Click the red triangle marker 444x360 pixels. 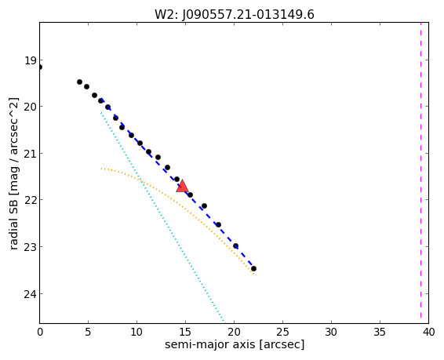pos(182,186)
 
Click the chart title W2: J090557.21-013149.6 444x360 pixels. pos(235,14)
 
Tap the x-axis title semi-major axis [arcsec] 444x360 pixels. pos(235,344)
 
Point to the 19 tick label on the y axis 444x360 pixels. pos(30,60)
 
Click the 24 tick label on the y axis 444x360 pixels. pos(30,294)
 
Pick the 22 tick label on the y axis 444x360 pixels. pos(30,200)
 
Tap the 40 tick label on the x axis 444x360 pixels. pos(428,332)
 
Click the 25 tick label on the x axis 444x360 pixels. pos(282,332)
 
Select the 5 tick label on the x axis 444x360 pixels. pos(89,332)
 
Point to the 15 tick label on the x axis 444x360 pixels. pos(185,332)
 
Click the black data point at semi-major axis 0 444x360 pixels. pos(40,67)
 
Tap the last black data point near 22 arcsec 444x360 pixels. pos(253,268)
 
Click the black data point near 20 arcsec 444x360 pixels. pos(235,246)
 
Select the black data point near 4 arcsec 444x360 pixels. pos(79,82)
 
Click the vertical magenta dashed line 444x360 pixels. pos(420,173)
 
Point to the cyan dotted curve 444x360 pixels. pos(162,216)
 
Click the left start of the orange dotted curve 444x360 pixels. pos(101,169)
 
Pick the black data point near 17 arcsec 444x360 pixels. pos(204,205)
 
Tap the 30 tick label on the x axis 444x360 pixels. pos(331,332)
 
